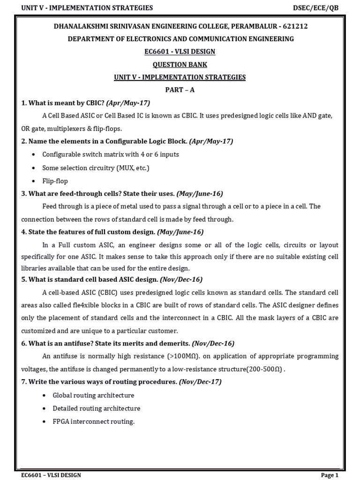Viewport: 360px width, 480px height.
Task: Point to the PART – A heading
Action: pyautogui.click(x=180, y=90)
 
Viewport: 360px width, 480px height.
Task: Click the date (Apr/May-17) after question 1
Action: pyautogui.click(x=128, y=103)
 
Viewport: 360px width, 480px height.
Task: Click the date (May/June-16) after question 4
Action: pyautogui.click(x=180, y=232)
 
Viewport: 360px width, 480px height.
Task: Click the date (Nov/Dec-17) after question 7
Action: pyautogui.click(x=200, y=382)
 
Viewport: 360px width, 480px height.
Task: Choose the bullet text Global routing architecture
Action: pyautogui.click(x=93, y=395)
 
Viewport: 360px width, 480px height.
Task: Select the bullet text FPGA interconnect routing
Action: pyautogui.click(x=93, y=421)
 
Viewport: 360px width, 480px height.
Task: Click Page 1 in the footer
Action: pyautogui.click(x=330, y=475)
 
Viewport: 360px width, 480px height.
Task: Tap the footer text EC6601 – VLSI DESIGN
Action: pyautogui.click(x=51, y=475)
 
